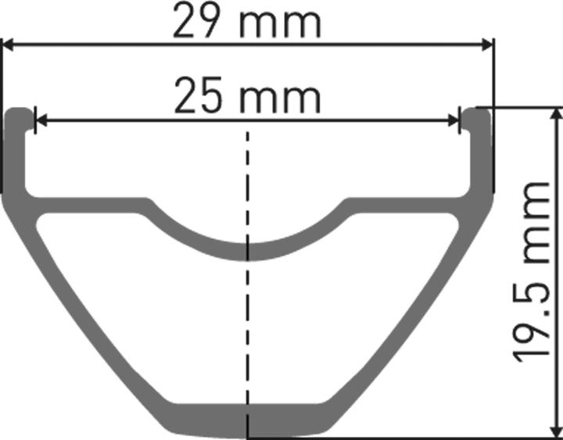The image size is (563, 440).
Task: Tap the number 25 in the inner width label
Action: point(197,97)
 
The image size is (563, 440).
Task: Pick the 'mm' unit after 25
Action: point(280,97)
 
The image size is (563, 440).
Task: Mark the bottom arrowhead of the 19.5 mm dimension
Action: point(556,429)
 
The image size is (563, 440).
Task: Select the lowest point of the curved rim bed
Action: point(249,250)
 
